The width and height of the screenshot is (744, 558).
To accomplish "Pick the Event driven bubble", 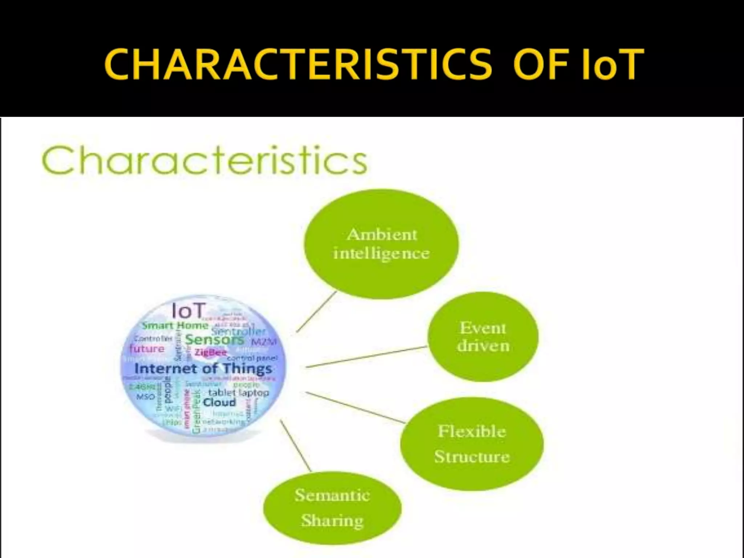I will (x=483, y=337).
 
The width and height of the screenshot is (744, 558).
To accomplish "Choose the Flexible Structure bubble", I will (x=472, y=444).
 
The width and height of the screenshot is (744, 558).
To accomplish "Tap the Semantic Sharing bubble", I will (x=332, y=508).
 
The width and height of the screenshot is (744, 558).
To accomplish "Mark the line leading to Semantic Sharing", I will (x=296, y=446).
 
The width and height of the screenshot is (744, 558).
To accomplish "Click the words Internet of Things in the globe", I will (x=203, y=369).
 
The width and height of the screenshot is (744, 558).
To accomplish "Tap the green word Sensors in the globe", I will (x=214, y=340).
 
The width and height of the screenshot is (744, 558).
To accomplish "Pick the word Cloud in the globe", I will (x=219, y=403).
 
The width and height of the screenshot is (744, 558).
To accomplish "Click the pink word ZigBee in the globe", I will (x=211, y=352).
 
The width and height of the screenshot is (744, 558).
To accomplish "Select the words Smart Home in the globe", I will (x=175, y=325).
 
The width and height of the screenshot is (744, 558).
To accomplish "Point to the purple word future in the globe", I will (x=147, y=349).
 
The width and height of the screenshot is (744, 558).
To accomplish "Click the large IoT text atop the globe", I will (x=188, y=311).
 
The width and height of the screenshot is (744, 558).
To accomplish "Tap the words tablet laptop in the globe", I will (x=238, y=393).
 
